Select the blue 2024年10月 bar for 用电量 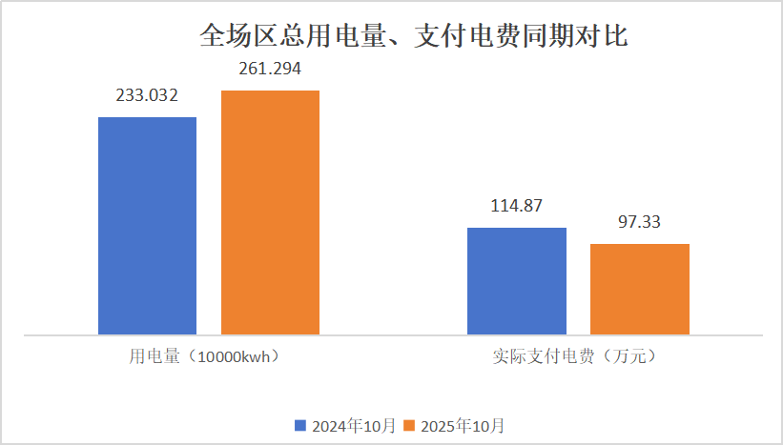147,226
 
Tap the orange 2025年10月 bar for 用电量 270,212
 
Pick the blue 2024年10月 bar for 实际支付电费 516,281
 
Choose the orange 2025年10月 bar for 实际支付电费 639,290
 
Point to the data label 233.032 147,95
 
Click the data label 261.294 270,69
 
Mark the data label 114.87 516,206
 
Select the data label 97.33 639,222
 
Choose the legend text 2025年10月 462,425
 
